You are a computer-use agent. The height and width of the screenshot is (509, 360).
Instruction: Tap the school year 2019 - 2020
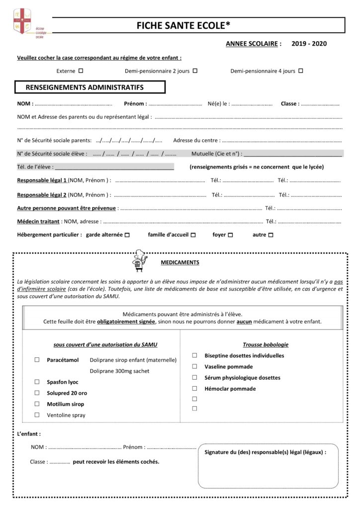coord(309,44)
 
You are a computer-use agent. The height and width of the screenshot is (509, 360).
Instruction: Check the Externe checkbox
coord(81,71)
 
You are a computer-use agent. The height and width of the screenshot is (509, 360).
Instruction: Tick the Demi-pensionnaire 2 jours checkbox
coord(195,71)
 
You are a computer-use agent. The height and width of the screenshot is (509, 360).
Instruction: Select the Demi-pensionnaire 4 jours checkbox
coord(300,71)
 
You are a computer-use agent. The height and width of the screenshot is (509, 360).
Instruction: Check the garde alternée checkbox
coord(127,235)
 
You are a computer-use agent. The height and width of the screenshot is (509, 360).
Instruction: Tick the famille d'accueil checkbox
coord(193,235)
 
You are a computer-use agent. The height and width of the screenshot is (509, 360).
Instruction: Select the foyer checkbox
coord(230,235)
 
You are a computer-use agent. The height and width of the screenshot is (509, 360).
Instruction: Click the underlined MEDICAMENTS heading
coord(180,262)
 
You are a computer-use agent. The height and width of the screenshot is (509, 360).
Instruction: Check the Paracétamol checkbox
coord(37,359)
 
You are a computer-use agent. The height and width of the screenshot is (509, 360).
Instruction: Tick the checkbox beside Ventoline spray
coord(37,415)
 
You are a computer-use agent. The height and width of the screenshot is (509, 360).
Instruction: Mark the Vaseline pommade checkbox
coord(194,366)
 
